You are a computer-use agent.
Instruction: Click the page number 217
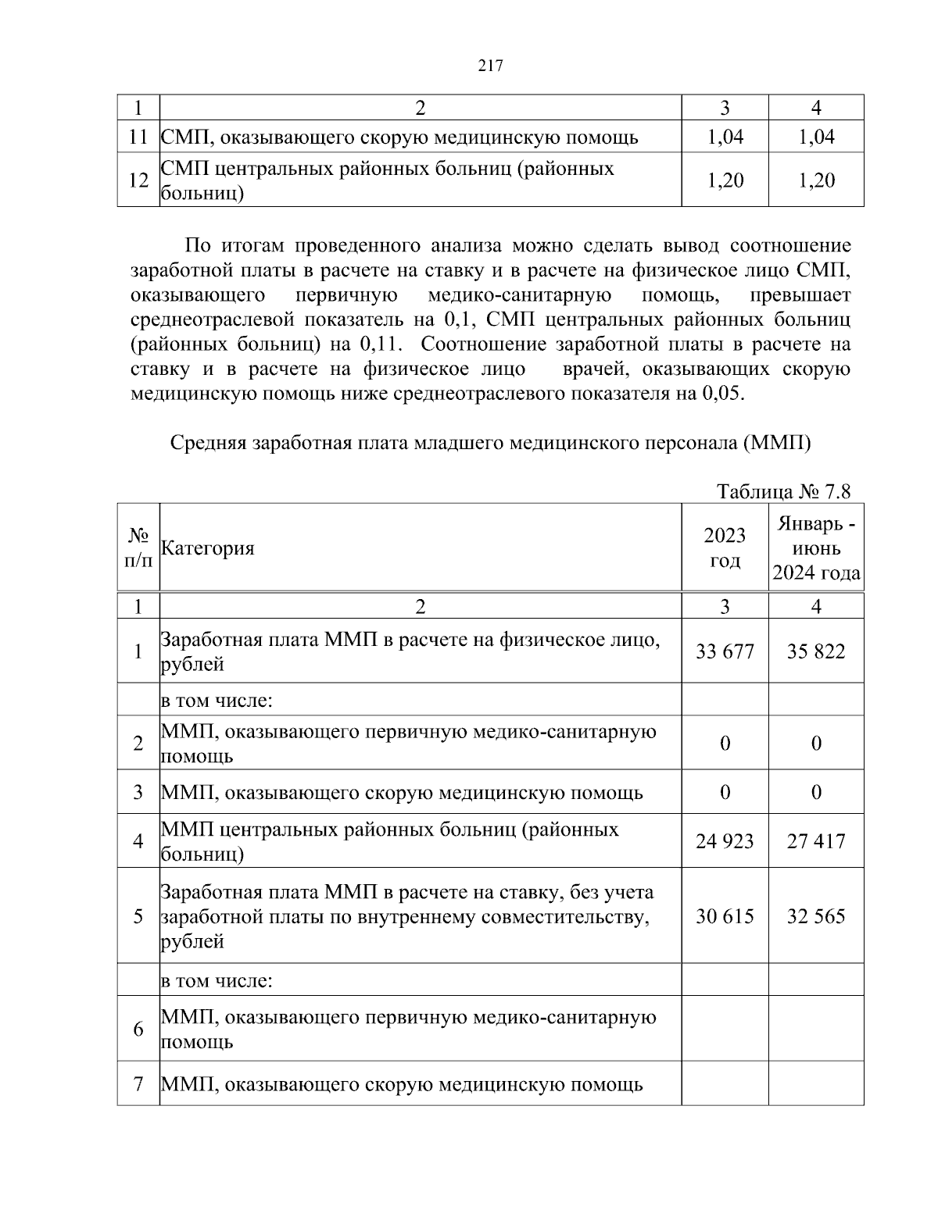[x=489, y=66]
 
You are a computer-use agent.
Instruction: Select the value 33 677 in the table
[x=725, y=651]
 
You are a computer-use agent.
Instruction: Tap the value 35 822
[x=816, y=651]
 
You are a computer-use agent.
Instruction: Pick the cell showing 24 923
[x=725, y=841]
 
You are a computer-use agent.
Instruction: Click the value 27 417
[x=816, y=841]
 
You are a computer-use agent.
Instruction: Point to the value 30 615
[x=725, y=915]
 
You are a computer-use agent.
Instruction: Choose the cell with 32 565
[x=816, y=915]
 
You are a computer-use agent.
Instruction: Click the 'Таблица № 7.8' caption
[x=783, y=491]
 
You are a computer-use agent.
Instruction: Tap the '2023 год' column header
[x=725, y=548]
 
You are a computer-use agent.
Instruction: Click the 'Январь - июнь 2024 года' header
[x=816, y=548]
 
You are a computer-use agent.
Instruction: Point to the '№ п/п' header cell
[x=138, y=548]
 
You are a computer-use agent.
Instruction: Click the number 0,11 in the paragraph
[x=379, y=344]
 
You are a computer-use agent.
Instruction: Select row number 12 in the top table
[x=138, y=180]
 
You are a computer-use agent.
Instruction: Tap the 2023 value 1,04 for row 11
[x=725, y=137]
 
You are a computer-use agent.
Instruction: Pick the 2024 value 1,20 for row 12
[x=816, y=180]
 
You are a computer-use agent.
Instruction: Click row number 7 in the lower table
[x=138, y=1084]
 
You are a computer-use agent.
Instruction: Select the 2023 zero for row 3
[x=725, y=793]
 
